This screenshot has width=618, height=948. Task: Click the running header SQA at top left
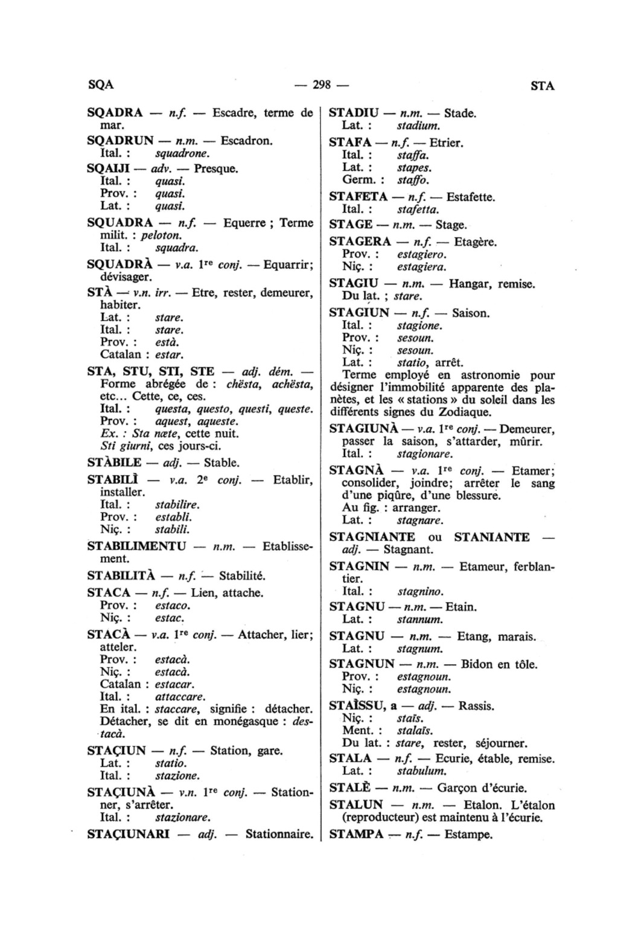100,85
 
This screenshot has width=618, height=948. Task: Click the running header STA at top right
542,86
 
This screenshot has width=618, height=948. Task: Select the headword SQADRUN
121,141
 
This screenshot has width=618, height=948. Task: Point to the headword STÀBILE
115,463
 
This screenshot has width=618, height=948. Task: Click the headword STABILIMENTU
137,546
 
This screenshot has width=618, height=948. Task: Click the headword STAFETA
358,197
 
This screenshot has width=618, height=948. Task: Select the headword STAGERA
360,242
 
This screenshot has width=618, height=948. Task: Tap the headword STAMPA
357,835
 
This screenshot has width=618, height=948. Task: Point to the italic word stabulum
422,771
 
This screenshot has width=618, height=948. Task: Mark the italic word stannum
420,620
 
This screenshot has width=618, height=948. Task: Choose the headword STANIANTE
492,537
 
